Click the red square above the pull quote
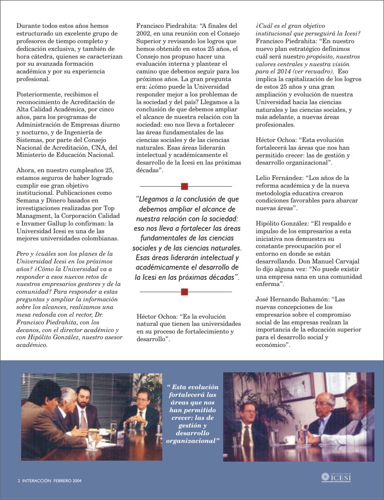pos(184,186)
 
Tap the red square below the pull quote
pos(184,291)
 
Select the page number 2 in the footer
pos(18,479)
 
